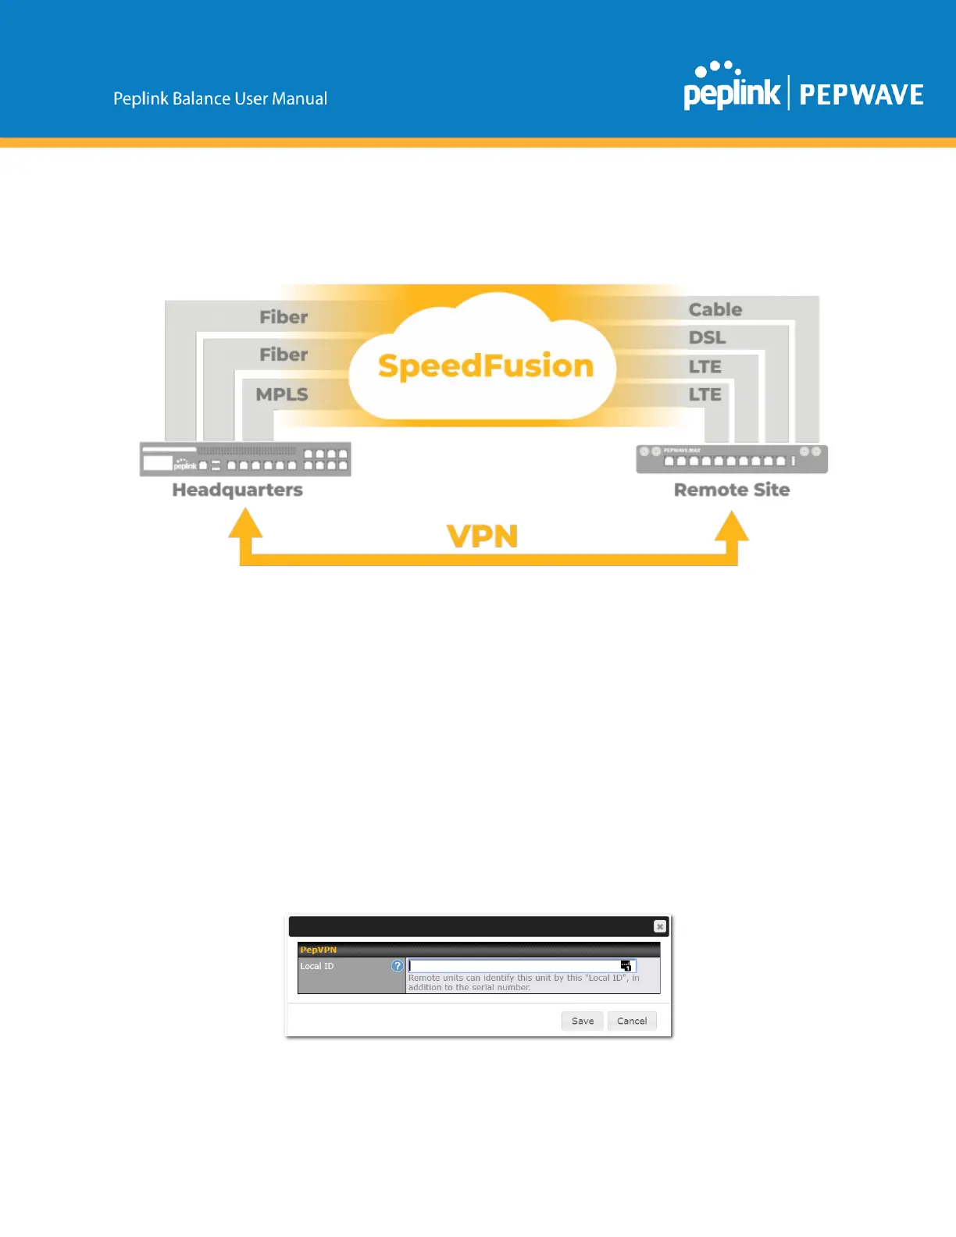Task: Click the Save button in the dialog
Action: coord(582,1021)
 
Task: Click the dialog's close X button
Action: coord(660,926)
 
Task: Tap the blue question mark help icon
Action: coord(398,966)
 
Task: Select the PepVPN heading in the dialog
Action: coord(319,950)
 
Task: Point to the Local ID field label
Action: coord(317,966)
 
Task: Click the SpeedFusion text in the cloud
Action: coord(486,365)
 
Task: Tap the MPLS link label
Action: coord(282,394)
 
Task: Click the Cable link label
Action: coord(715,309)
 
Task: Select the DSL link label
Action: coord(707,337)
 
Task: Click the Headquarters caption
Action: coord(237,490)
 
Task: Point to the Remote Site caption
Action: coord(732,490)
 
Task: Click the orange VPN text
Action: coord(482,537)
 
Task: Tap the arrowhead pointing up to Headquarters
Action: coord(245,524)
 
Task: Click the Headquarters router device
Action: coord(245,459)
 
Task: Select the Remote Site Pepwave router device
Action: coord(732,459)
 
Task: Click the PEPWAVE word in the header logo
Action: coord(861,95)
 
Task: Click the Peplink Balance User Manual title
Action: coord(220,98)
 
